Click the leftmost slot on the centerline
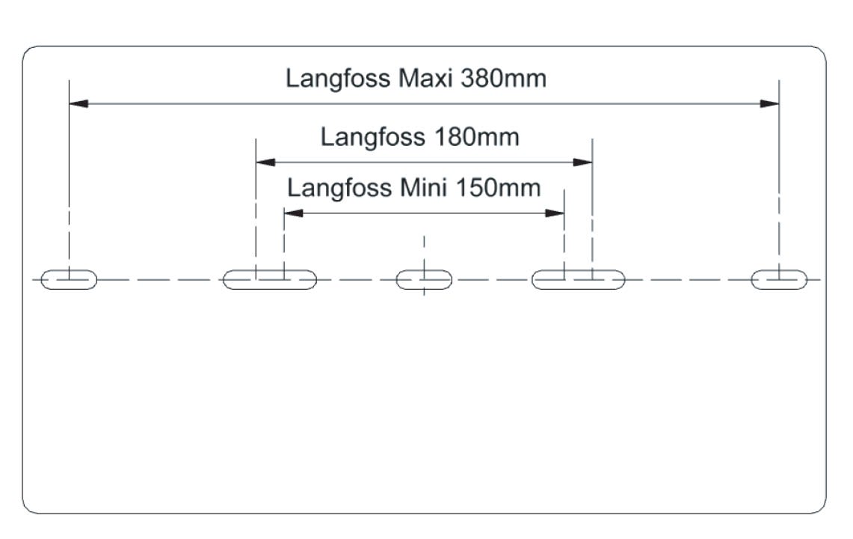point(69,280)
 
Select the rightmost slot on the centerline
point(779,280)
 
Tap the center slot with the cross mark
point(424,280)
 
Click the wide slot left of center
point(270,280)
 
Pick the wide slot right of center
point(578,280)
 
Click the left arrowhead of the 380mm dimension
point(78,103)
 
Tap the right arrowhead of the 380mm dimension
point(770,103)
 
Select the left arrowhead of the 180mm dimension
point(265,162)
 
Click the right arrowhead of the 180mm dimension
point(583,162)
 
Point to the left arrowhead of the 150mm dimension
point(293,213)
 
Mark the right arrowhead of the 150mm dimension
point(555,213)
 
